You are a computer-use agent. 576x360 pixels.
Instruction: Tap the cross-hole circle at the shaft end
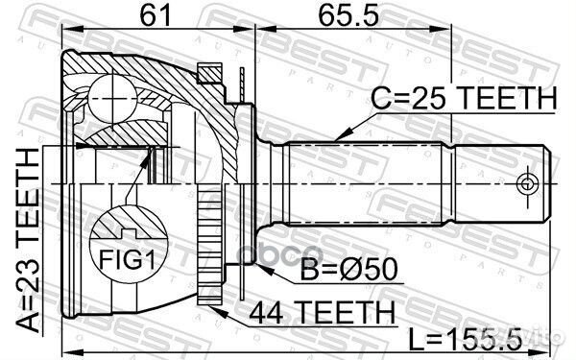(x=526, y=183)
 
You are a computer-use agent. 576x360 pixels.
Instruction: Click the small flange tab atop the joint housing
(x=208, y=71)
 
